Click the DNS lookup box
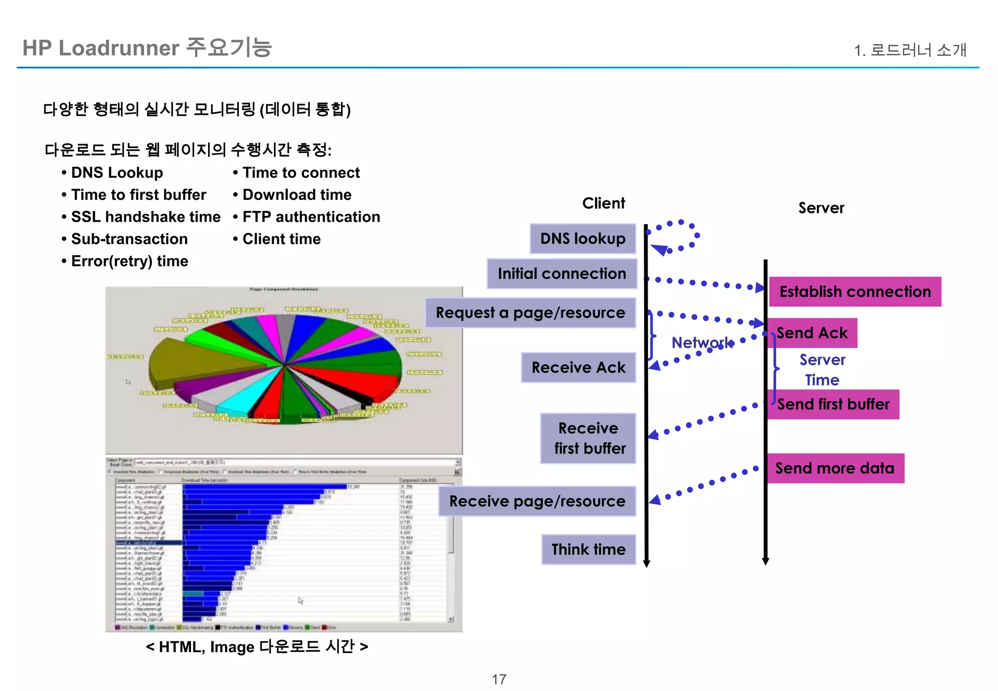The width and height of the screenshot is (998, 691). [x=583, y=239]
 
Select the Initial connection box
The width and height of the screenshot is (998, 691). [x=561, y=274]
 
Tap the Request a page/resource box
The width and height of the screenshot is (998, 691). [x=530, y=313]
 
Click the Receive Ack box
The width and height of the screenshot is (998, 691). [x=578, y=367]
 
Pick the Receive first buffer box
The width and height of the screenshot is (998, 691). [x=588, y=438]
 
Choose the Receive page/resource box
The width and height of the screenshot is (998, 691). [x=537, y=501]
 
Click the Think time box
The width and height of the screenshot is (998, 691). [x=588, y=550]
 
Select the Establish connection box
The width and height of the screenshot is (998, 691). [x=855, y=292]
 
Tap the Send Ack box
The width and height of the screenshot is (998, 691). [x=812, y=333]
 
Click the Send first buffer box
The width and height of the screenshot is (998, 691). [x=833, y=404]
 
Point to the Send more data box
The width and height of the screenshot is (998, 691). [x=835, y=468]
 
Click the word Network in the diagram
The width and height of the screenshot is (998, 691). [x=702, y=343]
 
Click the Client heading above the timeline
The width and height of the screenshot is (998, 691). [x=603, y=203]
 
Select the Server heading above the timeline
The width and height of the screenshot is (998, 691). [x=821, y=208]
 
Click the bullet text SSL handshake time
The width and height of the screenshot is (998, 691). [x=146, y=217]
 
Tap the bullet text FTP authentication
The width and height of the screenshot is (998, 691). [x=311, y=217]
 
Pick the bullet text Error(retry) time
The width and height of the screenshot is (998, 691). [x=130, y=261]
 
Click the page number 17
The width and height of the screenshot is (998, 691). [x=499, y=679]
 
